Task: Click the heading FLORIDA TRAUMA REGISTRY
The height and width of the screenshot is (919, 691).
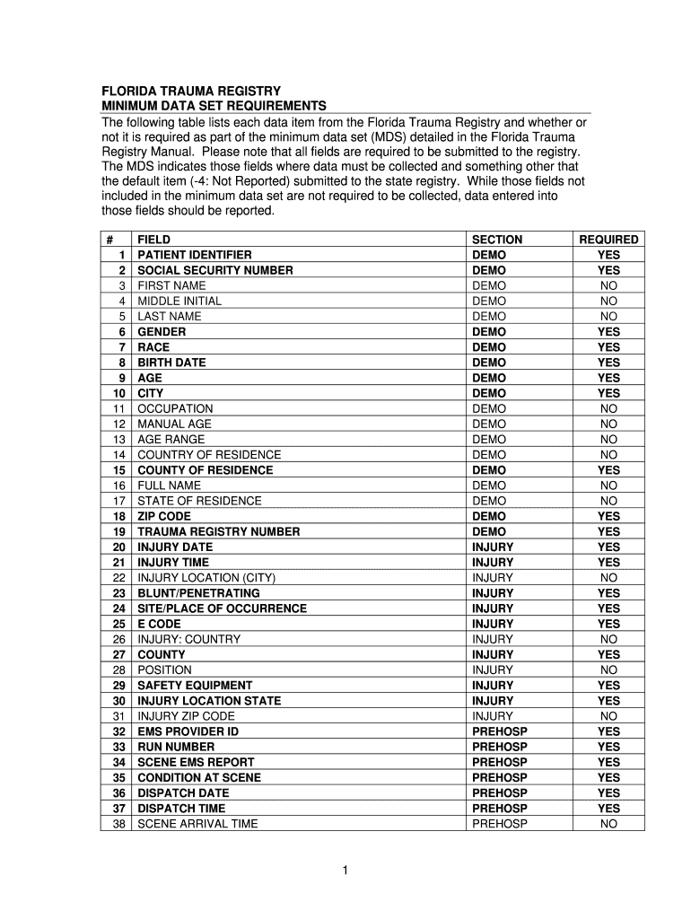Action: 190,92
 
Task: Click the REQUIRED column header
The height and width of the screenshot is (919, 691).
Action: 608,240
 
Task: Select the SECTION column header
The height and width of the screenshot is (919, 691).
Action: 496,240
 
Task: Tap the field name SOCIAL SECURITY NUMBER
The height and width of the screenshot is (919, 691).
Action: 215,270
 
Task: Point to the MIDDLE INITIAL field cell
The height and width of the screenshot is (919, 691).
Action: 179,301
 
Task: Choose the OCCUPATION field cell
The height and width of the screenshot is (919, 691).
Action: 175,408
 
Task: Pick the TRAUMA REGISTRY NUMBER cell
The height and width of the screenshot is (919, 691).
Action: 218,531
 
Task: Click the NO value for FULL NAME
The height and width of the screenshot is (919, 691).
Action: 608,486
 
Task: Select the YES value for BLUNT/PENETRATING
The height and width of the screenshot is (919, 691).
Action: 608,593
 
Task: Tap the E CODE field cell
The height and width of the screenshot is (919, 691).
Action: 159,624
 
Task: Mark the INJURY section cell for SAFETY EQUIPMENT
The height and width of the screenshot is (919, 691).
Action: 493,685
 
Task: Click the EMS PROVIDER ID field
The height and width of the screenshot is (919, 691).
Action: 188,731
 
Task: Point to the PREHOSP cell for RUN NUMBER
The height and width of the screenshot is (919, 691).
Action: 499,747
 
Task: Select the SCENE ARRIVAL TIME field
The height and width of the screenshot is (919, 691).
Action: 197,823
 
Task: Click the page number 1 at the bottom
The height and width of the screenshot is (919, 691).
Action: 345,871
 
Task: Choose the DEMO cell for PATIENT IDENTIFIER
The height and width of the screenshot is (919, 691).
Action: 489,255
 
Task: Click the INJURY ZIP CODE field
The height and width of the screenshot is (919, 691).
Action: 186,716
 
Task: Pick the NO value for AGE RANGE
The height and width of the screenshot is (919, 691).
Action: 608,439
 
